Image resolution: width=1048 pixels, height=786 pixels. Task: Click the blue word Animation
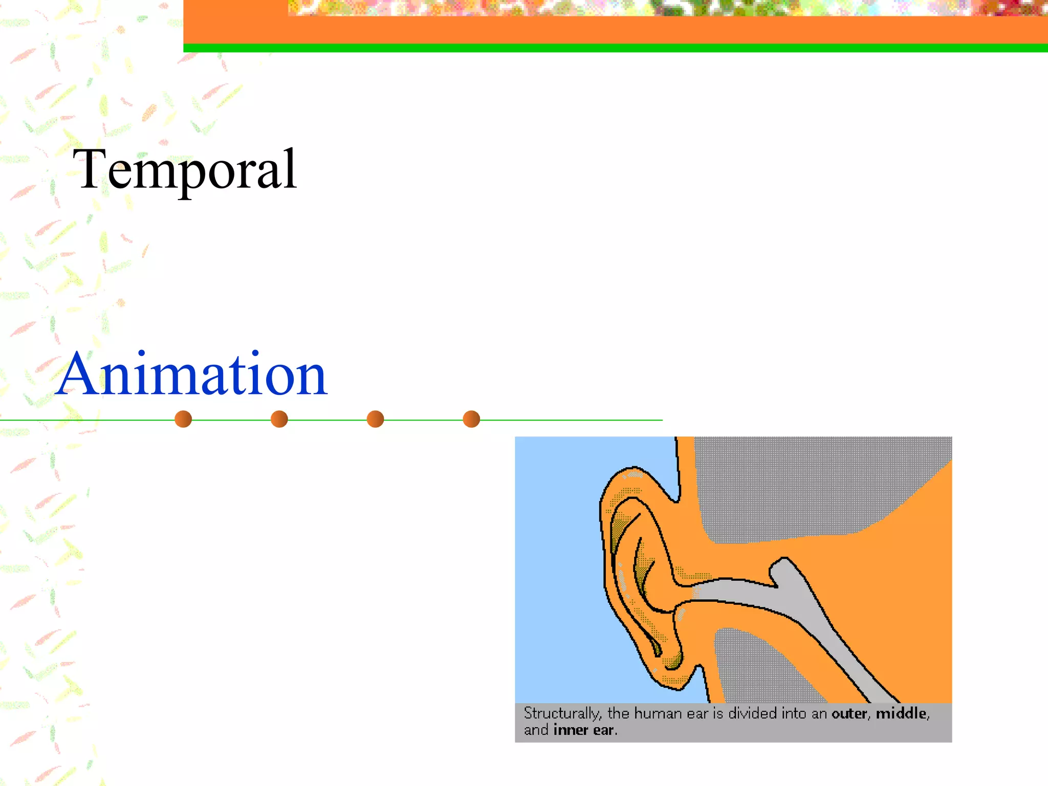pyautogui.click(x=192, y=375)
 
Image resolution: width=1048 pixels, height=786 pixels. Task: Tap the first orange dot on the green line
pyautogui.click(x=183, y=419)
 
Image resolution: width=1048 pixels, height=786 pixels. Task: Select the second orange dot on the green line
pyautogui.click(x=279, y=419)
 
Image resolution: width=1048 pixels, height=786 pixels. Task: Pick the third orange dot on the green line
pyautogui.click(x=375, y=419)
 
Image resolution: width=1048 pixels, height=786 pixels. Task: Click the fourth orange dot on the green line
pyautogui.click(x=471, y=419)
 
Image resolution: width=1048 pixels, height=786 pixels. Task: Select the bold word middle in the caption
pyautogui.click(x=901, y=713)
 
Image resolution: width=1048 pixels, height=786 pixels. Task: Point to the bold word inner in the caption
pyautogui.click(x=571, y=730)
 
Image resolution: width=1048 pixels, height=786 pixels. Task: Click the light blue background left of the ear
pyautogui.click(x=558, y=563)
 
